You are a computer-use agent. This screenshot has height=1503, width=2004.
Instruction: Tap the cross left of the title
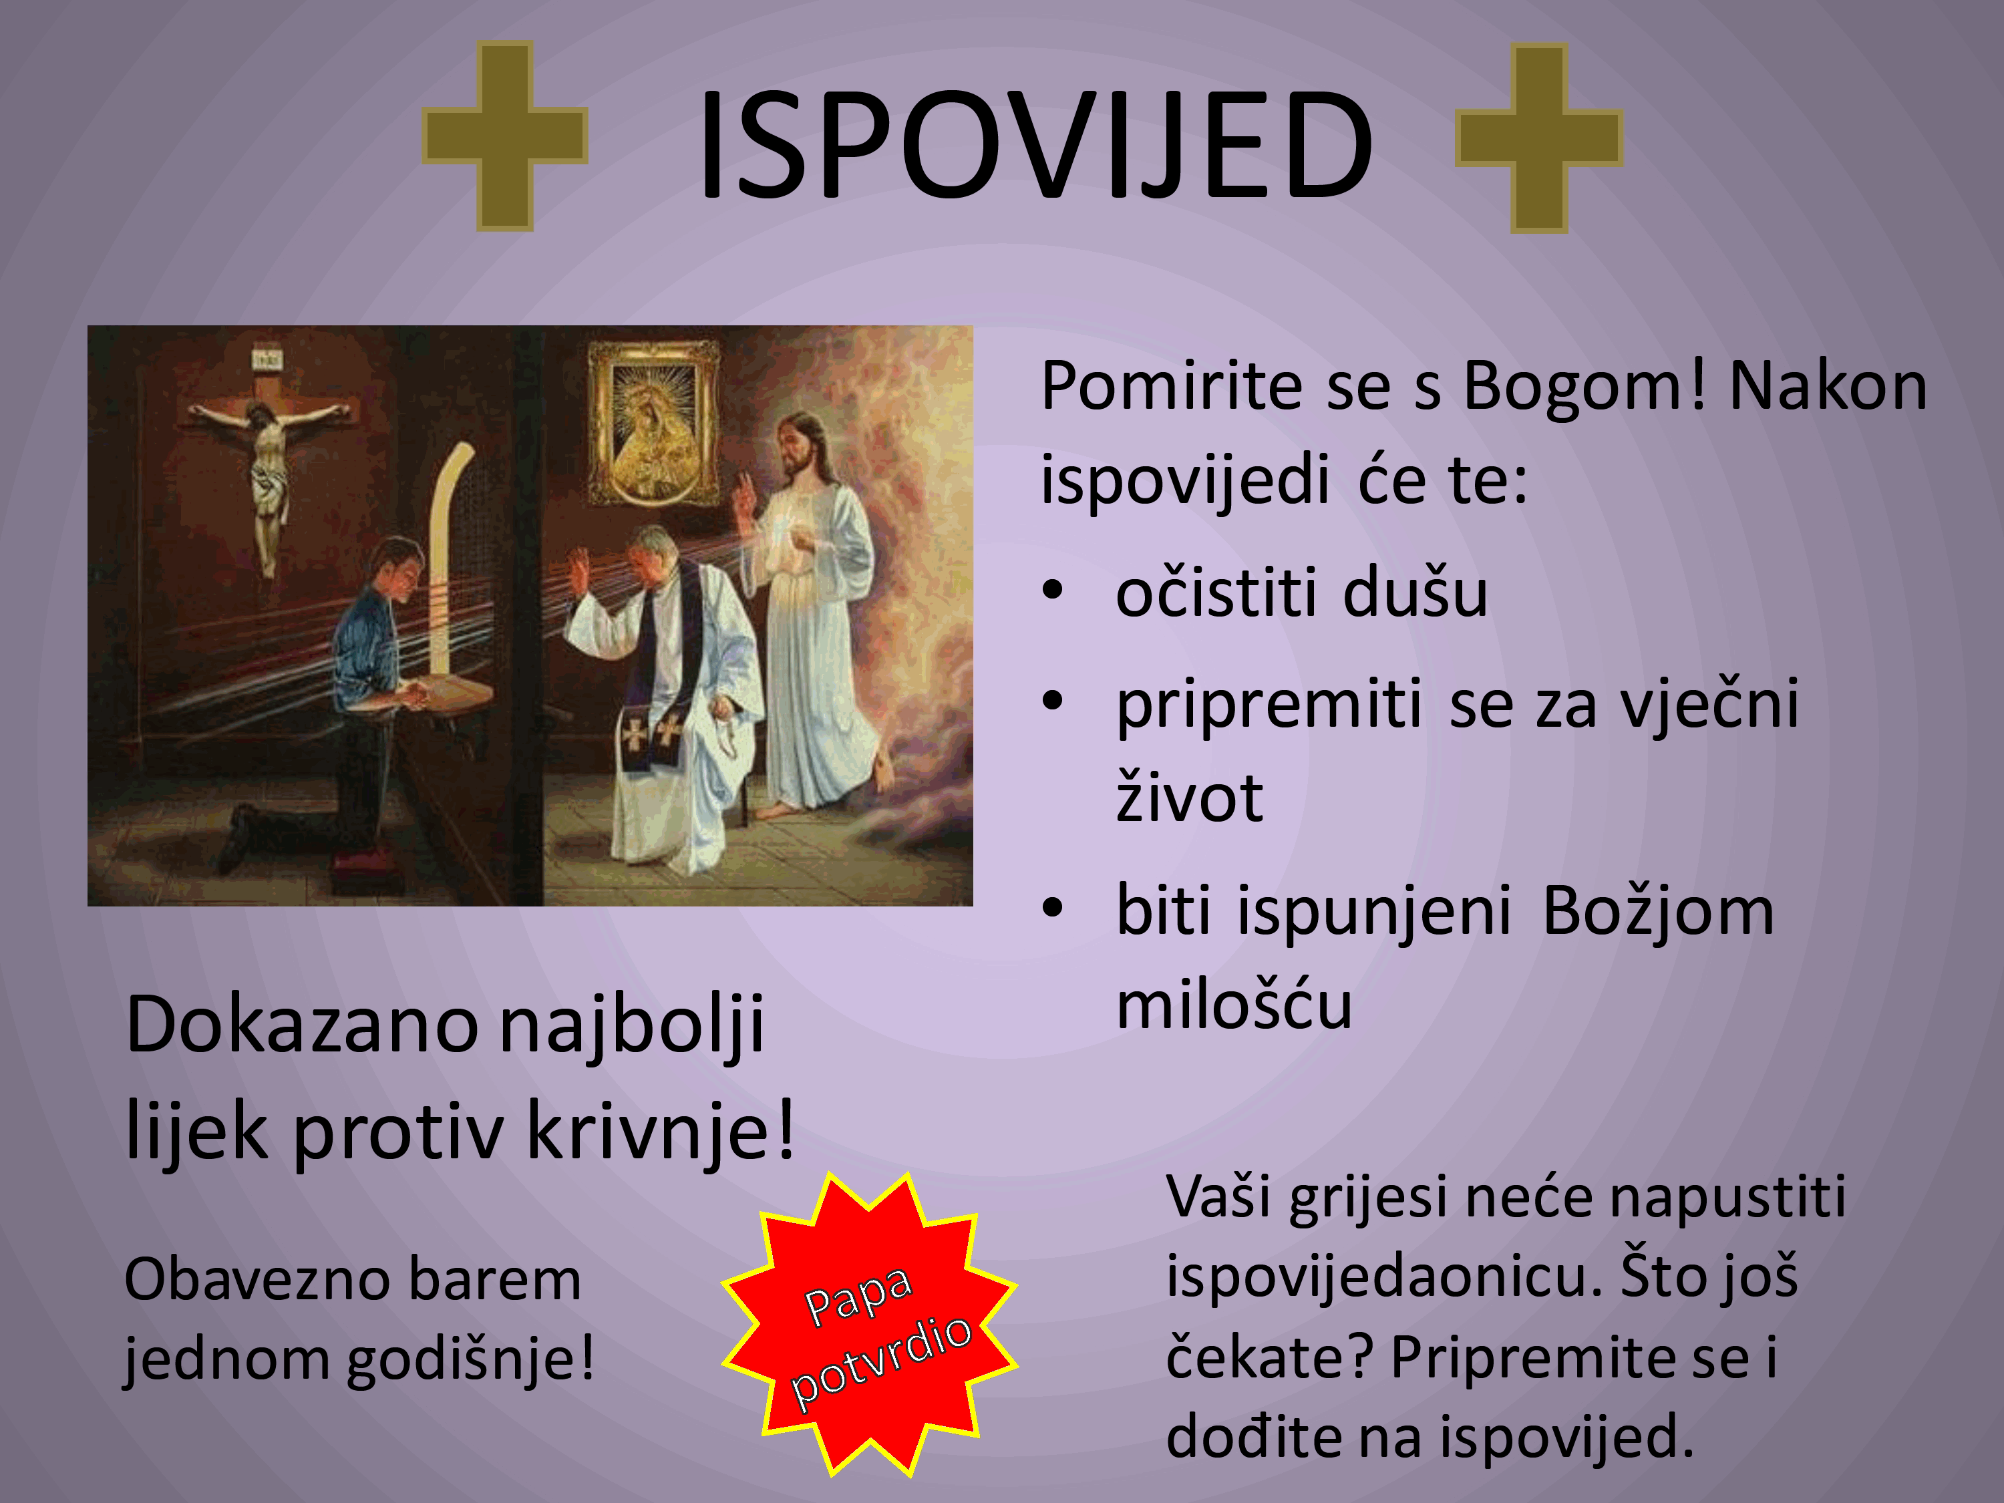[x=504, y=136]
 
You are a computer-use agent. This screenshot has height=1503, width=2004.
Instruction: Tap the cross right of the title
[x=1538, y=138]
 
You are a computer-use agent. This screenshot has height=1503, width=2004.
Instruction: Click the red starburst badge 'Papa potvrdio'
[x=870, y=1325]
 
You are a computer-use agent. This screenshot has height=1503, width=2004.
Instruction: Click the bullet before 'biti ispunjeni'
[x=1052, y=907]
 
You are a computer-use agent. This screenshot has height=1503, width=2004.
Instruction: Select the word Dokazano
[x=302, y=1025]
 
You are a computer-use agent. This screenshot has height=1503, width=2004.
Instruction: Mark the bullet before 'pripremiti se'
[x=1052, y=700]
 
